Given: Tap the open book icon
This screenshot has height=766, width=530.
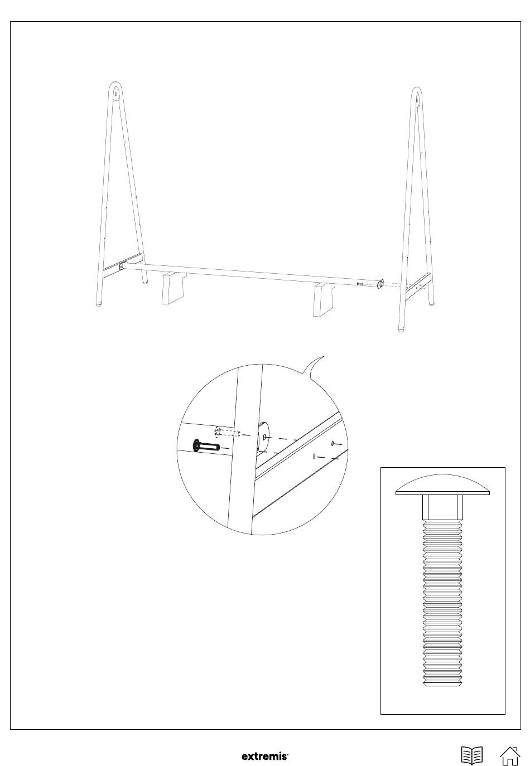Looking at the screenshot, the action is click(472, 755).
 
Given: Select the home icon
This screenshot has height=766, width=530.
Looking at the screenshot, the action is click(510, 755).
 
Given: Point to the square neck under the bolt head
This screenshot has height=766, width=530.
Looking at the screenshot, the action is click(442, 507).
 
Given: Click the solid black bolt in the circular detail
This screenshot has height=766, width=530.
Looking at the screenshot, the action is click(205, 447).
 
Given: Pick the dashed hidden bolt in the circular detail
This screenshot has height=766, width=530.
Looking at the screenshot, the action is click(227, 432).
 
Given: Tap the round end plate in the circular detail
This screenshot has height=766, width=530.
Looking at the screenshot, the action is click(262, 438).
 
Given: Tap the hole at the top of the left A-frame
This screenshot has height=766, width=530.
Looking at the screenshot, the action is click(115, 93).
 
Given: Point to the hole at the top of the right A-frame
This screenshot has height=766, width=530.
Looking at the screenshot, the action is click(417, 99).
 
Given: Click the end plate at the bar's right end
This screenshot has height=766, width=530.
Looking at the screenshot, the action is click(379, 284).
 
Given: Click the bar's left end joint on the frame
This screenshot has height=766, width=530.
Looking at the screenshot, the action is click(122, 266).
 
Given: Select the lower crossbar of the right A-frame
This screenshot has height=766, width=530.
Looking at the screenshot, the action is click(418, 287).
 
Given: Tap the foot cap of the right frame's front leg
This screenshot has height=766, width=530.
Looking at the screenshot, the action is click(402, 329).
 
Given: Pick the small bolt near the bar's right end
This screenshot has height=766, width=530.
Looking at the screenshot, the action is click(359, 284).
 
